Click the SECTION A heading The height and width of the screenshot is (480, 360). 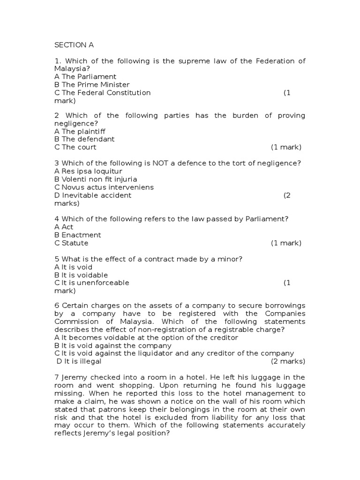pyautogui.click(x=74, y=45)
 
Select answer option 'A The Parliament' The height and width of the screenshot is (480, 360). pyautogui.click(x=85, y=76)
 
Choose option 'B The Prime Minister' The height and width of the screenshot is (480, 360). pyautogui.click(x=92, y=84)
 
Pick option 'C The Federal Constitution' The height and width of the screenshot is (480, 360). pyautogui.click(x=103, y=92)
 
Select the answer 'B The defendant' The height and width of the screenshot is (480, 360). pyautogui.click(x=84, y=139)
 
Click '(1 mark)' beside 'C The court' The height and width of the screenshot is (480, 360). pyautogui.click(x=286, y=147)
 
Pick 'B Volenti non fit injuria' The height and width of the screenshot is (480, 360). pyautogui.click(x=96, y=179)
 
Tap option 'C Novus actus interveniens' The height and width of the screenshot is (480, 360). pyautogui.click(x=104, y=187)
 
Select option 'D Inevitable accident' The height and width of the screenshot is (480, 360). pyautogui.click(x=93, y=195)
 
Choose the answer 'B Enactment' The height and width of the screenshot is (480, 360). pyautogui.click(x=78, y=235)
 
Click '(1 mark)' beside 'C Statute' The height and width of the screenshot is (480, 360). pyautogui.click(x=286, y=243)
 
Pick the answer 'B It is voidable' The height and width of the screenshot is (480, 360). pyautogui.click(x=81, y=275)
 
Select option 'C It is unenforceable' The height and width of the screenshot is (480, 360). pyautogui.click(x=92, y=283)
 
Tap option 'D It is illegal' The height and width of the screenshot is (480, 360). pyautogui.click(x=79, y=361)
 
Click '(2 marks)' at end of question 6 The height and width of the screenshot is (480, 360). pyautogui.click(x=288, y=361)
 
